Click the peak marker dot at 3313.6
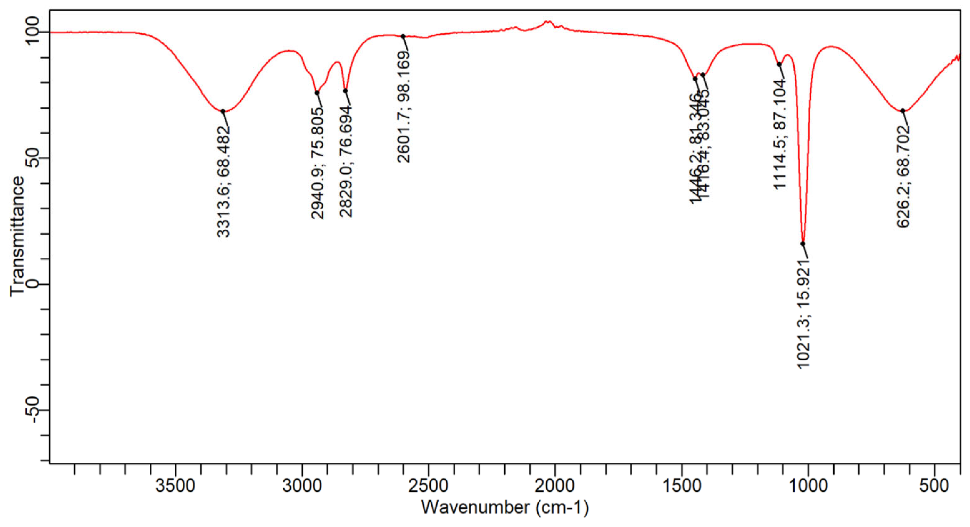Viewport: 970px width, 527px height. (223, 111)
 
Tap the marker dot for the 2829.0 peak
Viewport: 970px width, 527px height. (345, 91)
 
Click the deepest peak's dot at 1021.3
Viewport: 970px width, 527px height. (803, 244)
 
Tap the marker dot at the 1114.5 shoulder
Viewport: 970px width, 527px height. (779, 64)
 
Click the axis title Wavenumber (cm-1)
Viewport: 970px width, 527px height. (505, 508)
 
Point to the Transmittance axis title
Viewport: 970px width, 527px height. (17, 236)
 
